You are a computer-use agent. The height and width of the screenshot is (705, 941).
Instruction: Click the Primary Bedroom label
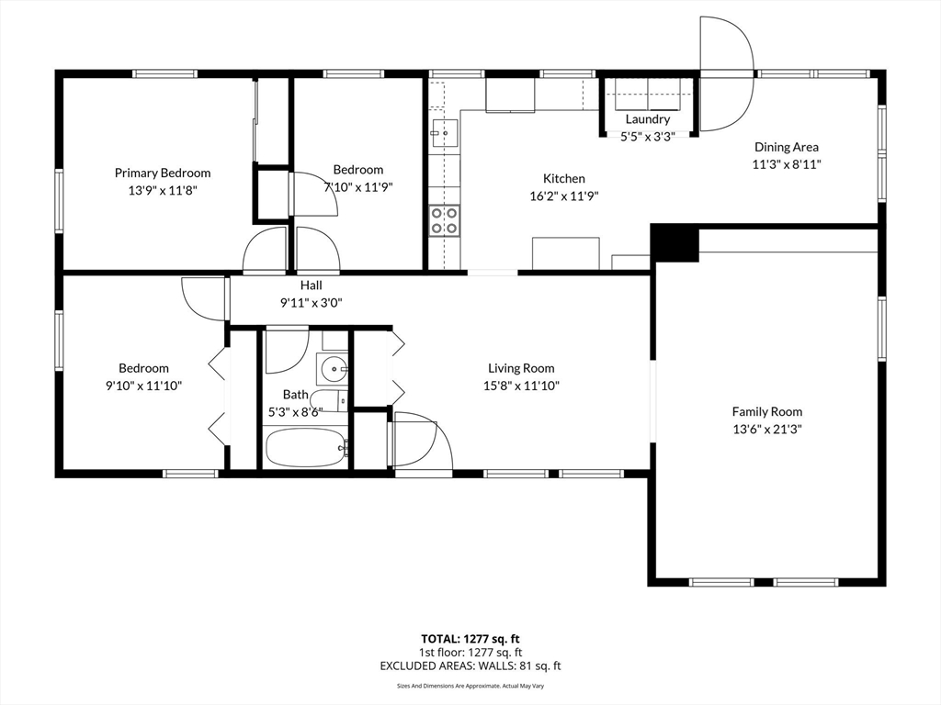coord(163,173)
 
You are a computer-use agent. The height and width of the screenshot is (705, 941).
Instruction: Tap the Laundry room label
coord(648,119)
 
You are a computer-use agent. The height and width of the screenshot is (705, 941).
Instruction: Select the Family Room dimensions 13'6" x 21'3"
coord(767,430)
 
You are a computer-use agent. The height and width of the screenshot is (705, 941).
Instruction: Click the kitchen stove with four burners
coord(444,220)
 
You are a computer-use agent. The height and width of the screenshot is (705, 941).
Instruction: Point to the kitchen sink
coord(444,133)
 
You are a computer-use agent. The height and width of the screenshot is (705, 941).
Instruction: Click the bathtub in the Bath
coord(306,447)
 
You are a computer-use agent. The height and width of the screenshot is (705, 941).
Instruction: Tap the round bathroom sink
coord(333,369)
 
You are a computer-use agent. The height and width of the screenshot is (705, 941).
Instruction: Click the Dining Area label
coord(787,147)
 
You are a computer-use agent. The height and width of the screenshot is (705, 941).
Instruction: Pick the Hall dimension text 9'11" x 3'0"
coord(311,303)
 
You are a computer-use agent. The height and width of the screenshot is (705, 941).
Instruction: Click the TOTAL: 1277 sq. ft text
coord(470,639)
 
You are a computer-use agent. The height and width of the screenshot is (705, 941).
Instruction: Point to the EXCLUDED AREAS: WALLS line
coord(470,666)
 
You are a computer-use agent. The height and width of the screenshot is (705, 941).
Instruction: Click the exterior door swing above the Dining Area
coord(726,73)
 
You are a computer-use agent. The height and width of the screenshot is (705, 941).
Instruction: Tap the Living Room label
coord(521,368)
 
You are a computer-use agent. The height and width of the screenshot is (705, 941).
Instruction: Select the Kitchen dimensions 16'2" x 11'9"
coord(564,196)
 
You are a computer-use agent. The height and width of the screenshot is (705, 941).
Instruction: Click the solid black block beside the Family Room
coord(675,242)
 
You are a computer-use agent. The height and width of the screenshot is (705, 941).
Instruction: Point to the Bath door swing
coord(287,350)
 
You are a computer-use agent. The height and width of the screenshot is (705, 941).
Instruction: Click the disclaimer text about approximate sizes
coord(470,686)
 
